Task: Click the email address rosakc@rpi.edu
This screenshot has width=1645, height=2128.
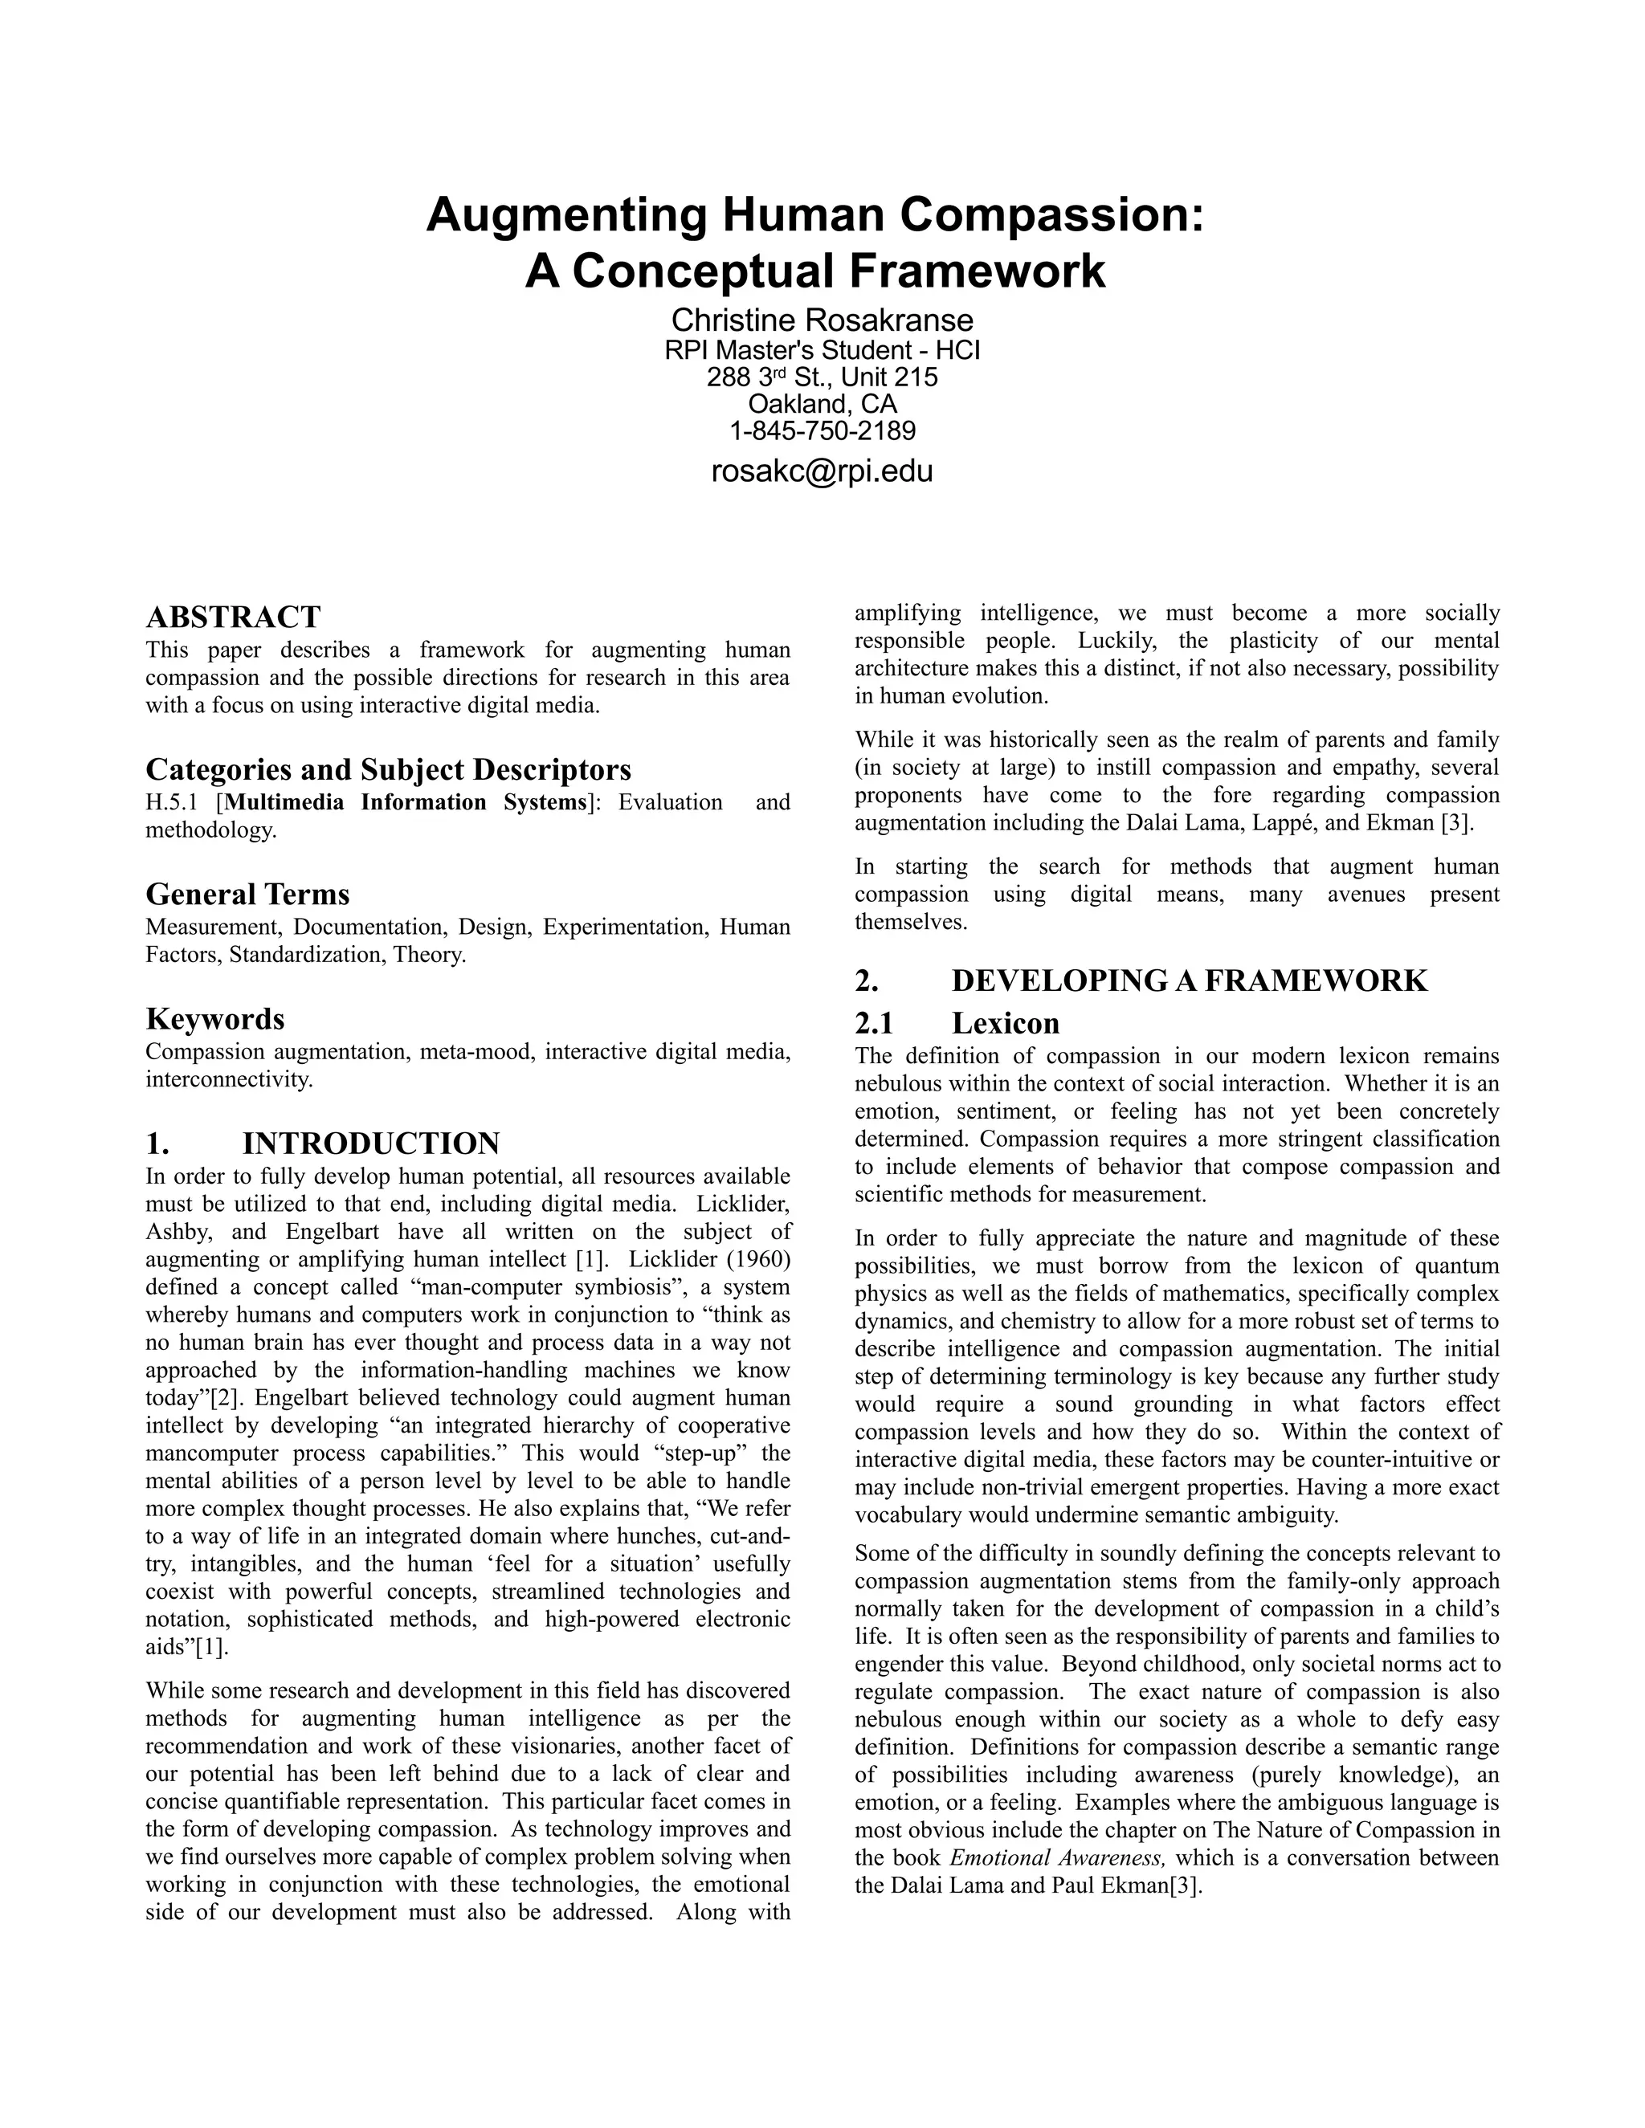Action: click(x=822, y=471)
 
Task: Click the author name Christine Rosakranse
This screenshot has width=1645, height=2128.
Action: click(x=822, y=320)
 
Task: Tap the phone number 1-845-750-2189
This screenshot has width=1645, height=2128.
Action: click(x=822, y=430)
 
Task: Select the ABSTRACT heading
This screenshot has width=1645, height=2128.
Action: click(x=233, y=617)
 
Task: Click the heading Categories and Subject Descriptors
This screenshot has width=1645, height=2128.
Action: click(x=388, y=770)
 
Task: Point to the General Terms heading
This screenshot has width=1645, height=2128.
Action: click(x=247, y=894)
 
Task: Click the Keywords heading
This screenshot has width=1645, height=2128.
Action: click(x=215, y=1018)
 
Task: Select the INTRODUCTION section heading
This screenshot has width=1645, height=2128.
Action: click(x=370, y=1143)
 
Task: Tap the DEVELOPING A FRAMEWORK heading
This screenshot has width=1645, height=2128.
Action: click(x=1189, y=980)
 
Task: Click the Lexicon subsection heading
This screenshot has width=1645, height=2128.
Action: click(x=1005, y=1023)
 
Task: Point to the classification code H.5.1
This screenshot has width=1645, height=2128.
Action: click(x=173, y=803)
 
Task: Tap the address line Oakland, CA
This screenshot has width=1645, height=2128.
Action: click(x=822, y=403)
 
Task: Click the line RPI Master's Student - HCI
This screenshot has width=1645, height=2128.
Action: click(x=822, y=350)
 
